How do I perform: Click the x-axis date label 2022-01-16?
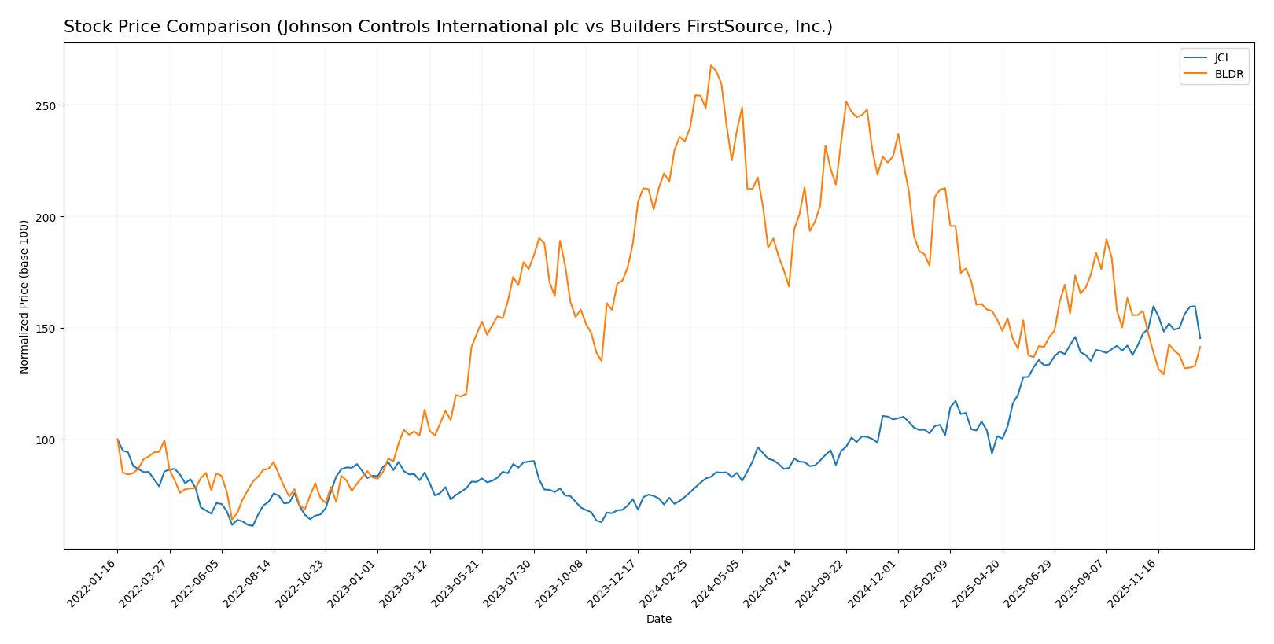(x=93, y=583)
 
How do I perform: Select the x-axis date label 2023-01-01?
(x=353, y=583)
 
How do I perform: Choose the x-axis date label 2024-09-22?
(x=821, y=583)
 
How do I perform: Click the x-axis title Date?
(x=658, y=620)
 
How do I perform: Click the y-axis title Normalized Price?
(x=24, y=296)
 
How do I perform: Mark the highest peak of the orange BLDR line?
(x=710, y=65)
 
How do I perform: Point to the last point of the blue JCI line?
(x=1200, y=338)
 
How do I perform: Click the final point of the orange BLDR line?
(x=1200, y=347)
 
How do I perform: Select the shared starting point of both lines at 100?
(x=117, y=440)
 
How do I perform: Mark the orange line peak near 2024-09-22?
(x=846, y=101)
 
